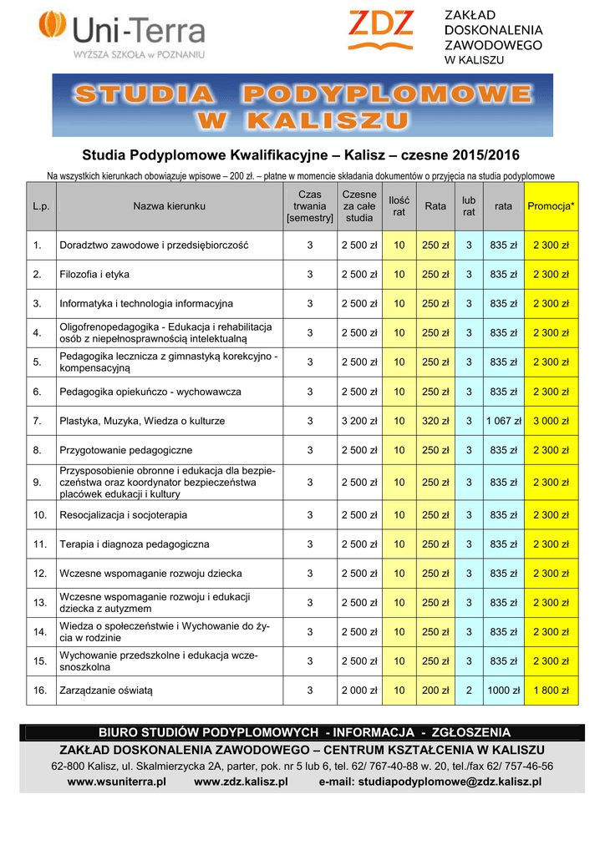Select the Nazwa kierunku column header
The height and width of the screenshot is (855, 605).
coord(168,206)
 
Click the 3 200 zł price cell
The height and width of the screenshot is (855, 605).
coord(359,421)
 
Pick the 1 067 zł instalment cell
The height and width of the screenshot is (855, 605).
coord(502,421)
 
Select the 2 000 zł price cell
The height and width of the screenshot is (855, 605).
coord(359,691)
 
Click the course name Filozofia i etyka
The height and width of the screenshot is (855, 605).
coord(94,275)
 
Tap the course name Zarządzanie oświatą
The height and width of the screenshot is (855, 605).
coord(106,691)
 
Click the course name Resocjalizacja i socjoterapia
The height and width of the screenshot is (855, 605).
coord(123,515)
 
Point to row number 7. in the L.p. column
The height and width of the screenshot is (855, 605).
coord(38,421)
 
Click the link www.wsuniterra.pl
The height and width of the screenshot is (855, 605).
coord(117,782)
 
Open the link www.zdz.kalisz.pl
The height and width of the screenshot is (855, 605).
coord(241,782)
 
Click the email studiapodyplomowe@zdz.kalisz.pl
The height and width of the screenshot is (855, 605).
coord(430,782)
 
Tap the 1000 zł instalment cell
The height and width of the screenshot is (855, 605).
coord(503,691)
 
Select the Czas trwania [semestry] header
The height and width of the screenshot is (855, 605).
coord(309,206)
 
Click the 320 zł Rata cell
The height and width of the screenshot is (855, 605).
coord(435,421)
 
